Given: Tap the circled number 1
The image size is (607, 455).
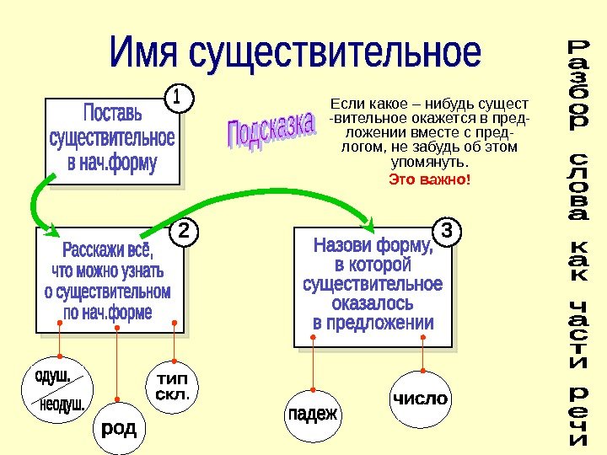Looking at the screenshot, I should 177,99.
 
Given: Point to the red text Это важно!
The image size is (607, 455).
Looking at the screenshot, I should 429,180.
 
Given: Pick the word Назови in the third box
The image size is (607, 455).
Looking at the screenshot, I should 346,246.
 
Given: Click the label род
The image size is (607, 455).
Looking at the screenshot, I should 119,430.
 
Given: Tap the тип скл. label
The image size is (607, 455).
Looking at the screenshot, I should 173,386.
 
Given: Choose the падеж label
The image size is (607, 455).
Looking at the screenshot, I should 313,414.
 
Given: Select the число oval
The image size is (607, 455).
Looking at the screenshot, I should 419,398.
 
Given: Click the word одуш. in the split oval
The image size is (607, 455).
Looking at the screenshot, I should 51,376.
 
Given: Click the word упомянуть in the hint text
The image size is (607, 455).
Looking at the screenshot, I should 427,163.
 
